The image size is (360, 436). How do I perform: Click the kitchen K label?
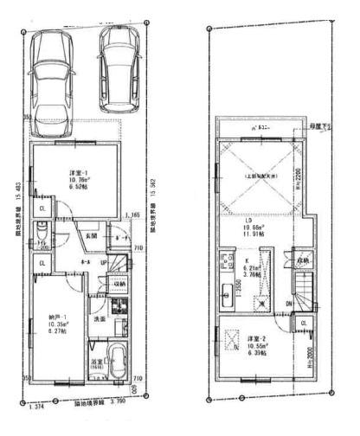pos(247,262)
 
